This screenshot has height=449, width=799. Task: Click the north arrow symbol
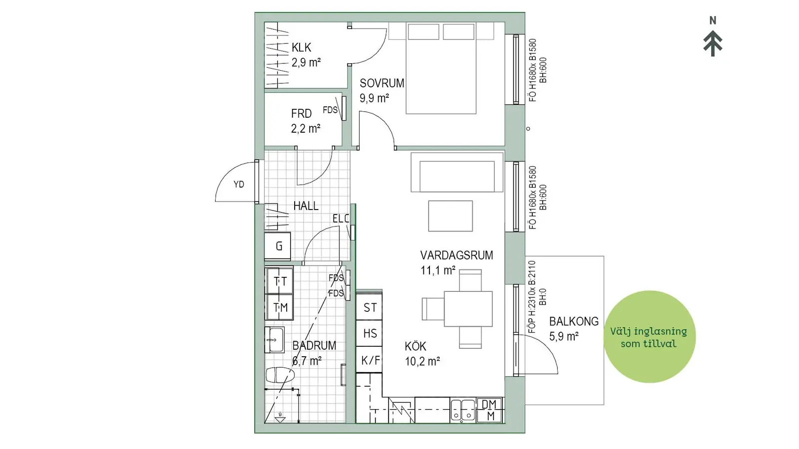pyautogui.click(x=713, y=43)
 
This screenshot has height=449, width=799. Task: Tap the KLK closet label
pyautogui.click(x=301, y=47)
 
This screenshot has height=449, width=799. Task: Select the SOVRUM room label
pyautogui.click(x=382, y=83)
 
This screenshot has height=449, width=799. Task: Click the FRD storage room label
pyautogui.click(x=301, y=114)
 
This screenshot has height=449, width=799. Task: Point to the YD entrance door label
pyautogui.click(x=239, y=184)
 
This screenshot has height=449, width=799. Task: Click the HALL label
pyautogui.click(x=306, y=206)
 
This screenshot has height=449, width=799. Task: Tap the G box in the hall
pyautogui.click(x=278, y=245)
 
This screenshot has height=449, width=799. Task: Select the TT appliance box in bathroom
pyautogui.click(x=280, y=281)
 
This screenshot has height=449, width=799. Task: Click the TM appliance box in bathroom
pyautogui.click(x=280, y=307)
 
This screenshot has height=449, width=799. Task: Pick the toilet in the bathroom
pyautogui.click(x=280, y=375)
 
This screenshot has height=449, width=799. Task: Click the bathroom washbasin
pyautogui.click(x=274, y=340)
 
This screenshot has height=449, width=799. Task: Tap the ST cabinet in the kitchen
pyautogui.click(x=369, y=307)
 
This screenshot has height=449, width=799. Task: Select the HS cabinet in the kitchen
pyautogui.click(x=369, y=334)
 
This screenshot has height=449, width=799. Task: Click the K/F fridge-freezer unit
pyautogui.click(x=369, y=360)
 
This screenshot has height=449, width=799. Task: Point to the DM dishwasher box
pyautogui.click(x=490, y=410)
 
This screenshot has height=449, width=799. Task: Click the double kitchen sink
pyautogui.click(x=462, y=410)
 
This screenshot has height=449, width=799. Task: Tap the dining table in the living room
pyautogui.click(x=468, y=309)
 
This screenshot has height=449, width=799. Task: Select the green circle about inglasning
pyautogui.click(x=650, y=337)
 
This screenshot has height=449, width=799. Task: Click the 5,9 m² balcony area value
pyautogui.click(x=564, y=336)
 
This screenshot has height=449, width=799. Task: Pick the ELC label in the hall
pyautogui.click(x=341, y=219)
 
